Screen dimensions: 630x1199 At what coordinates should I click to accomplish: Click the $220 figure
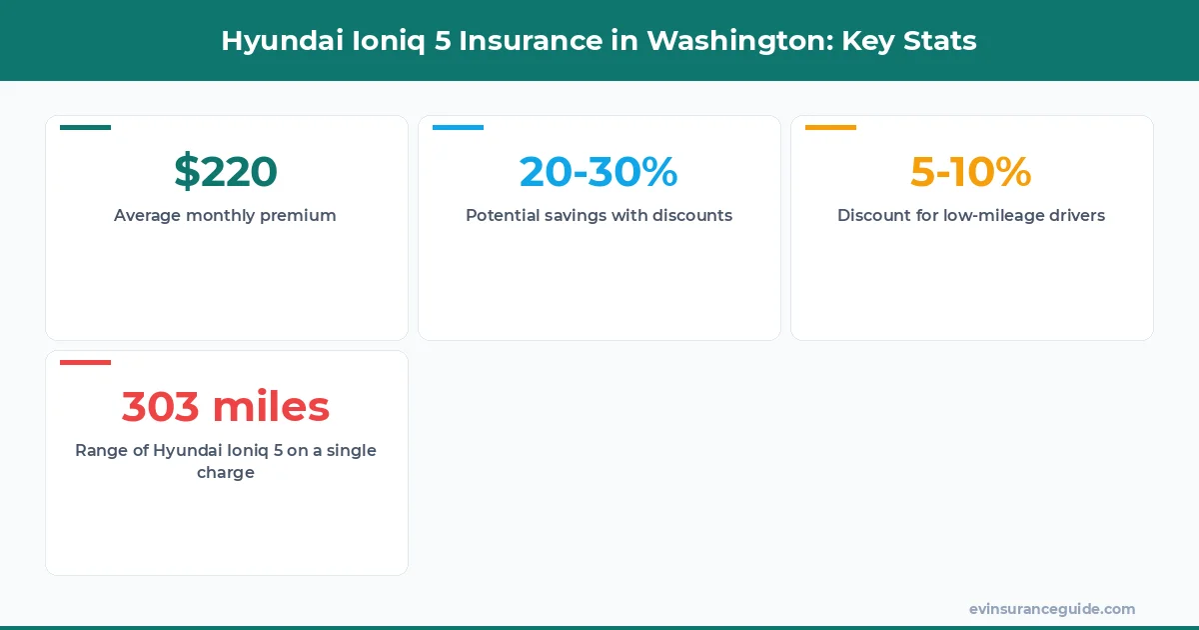click(226, 171)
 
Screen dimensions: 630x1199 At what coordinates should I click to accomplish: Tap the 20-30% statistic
click(599, 171)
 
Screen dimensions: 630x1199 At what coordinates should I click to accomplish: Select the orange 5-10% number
click(970, 171)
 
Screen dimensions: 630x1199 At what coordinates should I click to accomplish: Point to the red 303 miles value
click(226, 406)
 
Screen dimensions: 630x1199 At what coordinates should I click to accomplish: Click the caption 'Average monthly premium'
click(225, 215)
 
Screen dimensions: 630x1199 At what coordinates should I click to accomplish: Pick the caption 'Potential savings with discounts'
click(599, 215)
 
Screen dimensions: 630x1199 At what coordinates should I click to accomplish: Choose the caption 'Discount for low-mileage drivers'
click(971, 215)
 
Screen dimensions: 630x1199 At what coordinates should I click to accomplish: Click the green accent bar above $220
click(85, 127)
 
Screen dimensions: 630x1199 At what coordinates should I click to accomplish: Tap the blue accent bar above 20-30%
click(458, 127)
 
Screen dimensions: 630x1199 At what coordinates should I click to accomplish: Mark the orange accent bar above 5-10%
click(830, 127)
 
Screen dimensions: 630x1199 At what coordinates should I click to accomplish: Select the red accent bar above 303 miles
click(85, 362)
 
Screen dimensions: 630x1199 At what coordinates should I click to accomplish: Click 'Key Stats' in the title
click(909, 41)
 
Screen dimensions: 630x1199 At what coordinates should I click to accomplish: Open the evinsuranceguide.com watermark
click(1051, 609)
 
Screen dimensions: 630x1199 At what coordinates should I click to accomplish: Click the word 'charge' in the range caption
click(226, 472)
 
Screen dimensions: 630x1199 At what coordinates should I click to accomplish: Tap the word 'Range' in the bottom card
click(100, 450)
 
